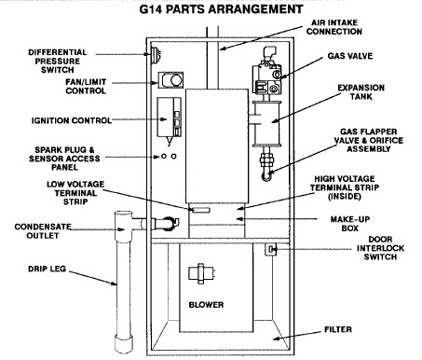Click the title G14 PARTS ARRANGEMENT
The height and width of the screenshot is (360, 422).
click(221, 9)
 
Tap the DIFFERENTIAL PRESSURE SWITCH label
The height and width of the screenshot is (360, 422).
click(58, 61)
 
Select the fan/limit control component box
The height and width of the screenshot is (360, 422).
click(170, 80)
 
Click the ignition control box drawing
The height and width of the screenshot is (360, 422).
click(169, 117)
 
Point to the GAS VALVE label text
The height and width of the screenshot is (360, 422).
click(350, 56)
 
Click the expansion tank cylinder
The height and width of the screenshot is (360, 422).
click(266, 123)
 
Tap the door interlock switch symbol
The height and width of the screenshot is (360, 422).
click(271, 249)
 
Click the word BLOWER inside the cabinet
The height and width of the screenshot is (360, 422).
click(206, 305)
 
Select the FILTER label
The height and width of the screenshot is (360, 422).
click(338, 329)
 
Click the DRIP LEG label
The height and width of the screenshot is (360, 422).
click(48, 269)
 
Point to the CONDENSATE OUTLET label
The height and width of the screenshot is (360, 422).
click(43, 231)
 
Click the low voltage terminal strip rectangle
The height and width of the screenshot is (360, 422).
click(201, 210)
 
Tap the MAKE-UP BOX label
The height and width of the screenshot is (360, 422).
click(350, 224)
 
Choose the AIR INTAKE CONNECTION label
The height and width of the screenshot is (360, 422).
click(334, 27)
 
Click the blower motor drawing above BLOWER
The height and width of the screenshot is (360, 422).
click(201, 273)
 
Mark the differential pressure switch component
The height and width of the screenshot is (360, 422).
click(155, 55)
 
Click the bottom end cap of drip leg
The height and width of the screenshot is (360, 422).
click(124, 344)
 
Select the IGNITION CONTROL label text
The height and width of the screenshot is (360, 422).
click(72, 120)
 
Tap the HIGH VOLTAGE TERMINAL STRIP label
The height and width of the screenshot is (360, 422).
click(345, 187)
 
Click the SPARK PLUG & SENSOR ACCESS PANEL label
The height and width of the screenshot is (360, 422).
click(64, 159)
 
